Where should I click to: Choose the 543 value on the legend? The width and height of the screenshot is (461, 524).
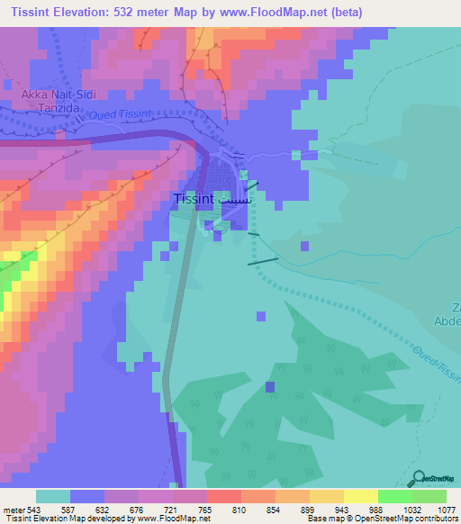(33, 509)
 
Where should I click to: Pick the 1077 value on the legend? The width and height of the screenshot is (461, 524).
(437, 509)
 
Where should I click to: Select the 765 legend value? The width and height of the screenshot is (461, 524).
(205, 509)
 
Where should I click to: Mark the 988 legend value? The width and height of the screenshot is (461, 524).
(377, 509)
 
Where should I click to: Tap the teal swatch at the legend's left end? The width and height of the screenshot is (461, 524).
(52, 496)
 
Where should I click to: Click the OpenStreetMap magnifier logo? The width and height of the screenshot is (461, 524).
(419, 479)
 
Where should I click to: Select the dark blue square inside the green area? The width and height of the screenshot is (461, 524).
(270, 386)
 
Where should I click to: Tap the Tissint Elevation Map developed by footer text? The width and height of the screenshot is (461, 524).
(68, 519)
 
